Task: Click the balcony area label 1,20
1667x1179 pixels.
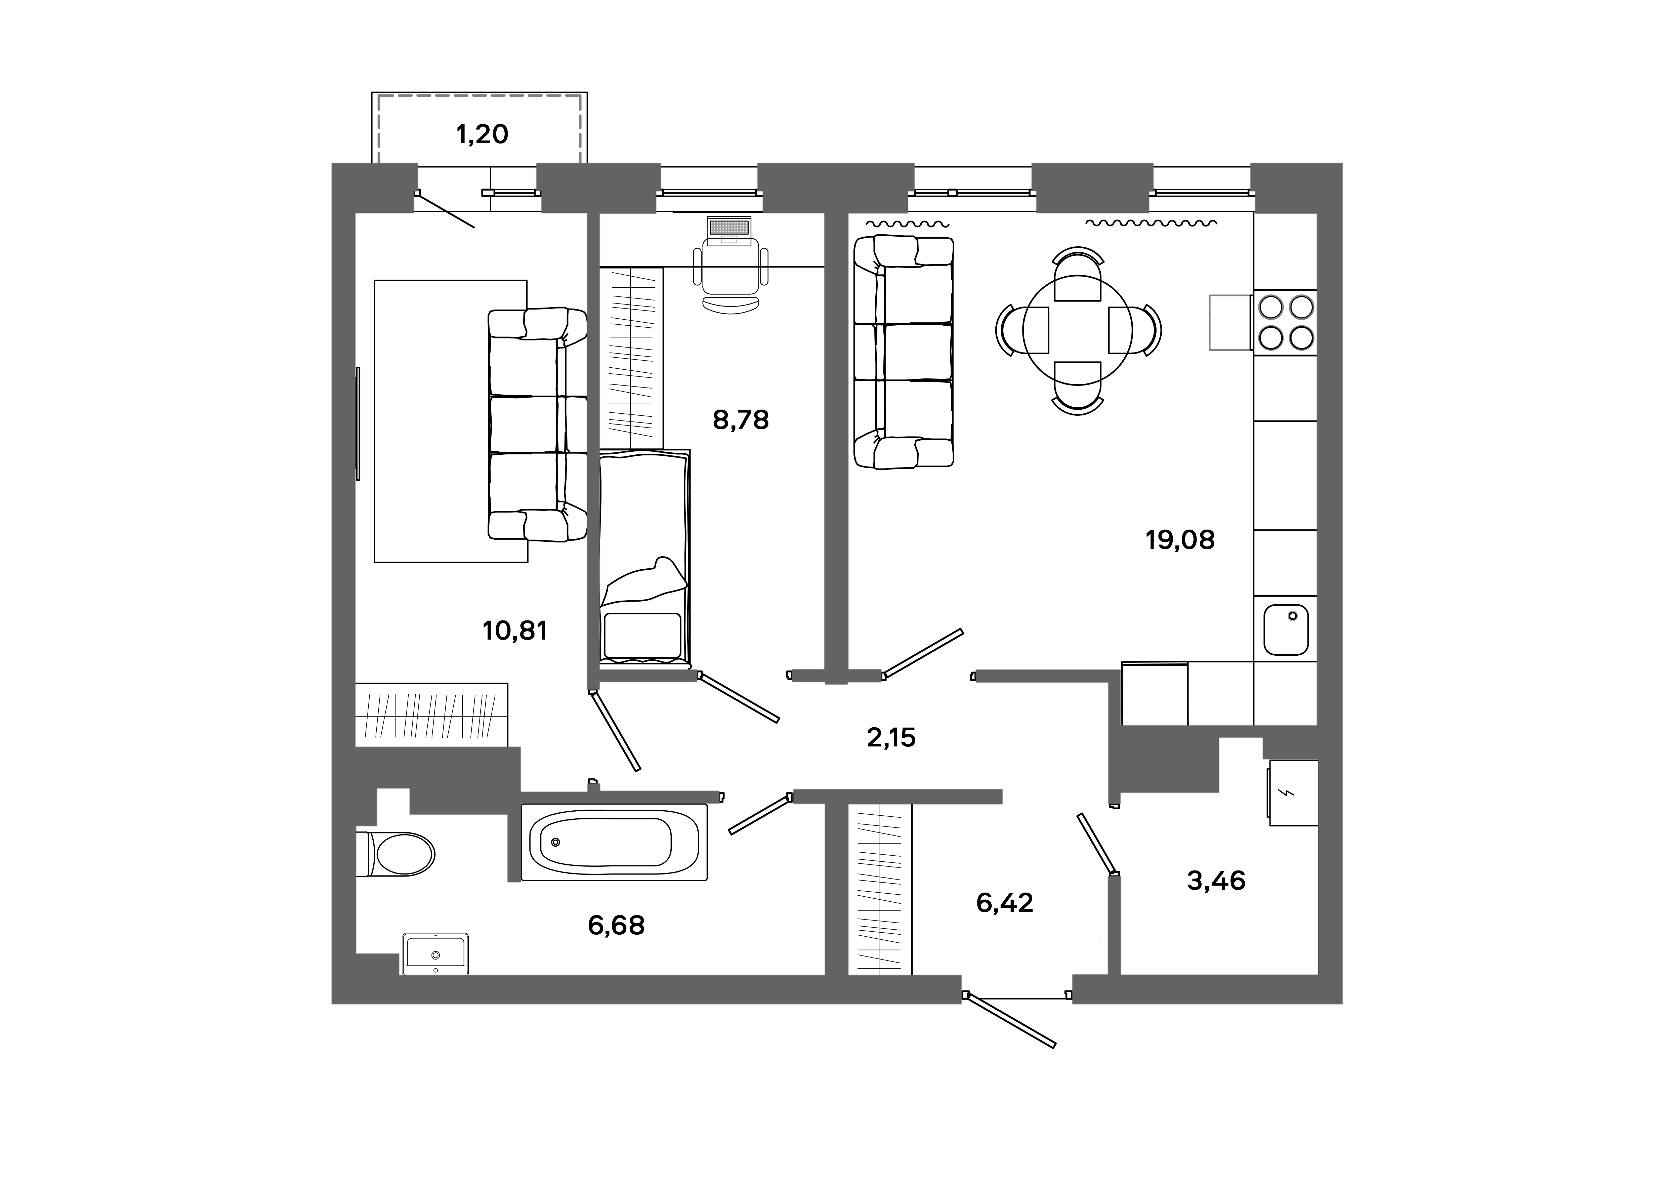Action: (x=482, y=134)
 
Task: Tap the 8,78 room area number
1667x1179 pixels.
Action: (x=741, y=420)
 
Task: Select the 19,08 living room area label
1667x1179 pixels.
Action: (x=1180, y=540)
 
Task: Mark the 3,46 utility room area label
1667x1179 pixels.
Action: (x=1216, y=881)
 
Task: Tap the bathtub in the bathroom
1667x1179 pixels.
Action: (x=614, y=842)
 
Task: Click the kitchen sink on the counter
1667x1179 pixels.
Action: (x=1286, y=630)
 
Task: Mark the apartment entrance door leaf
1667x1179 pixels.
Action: (x=1011, y=1023)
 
